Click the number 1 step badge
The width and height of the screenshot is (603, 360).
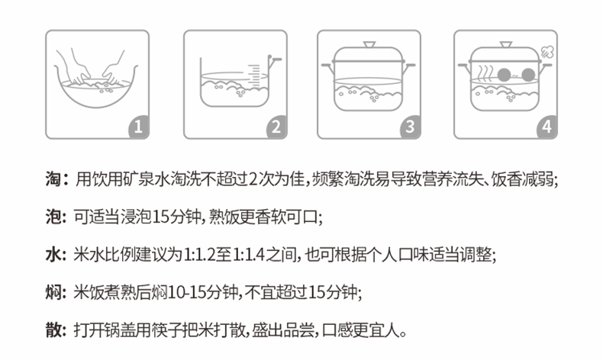coord(137,126)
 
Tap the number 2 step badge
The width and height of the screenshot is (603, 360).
coord(274,126)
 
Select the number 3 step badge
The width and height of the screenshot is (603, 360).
coord(411,126)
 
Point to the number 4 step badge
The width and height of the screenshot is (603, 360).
coord(547,126)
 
